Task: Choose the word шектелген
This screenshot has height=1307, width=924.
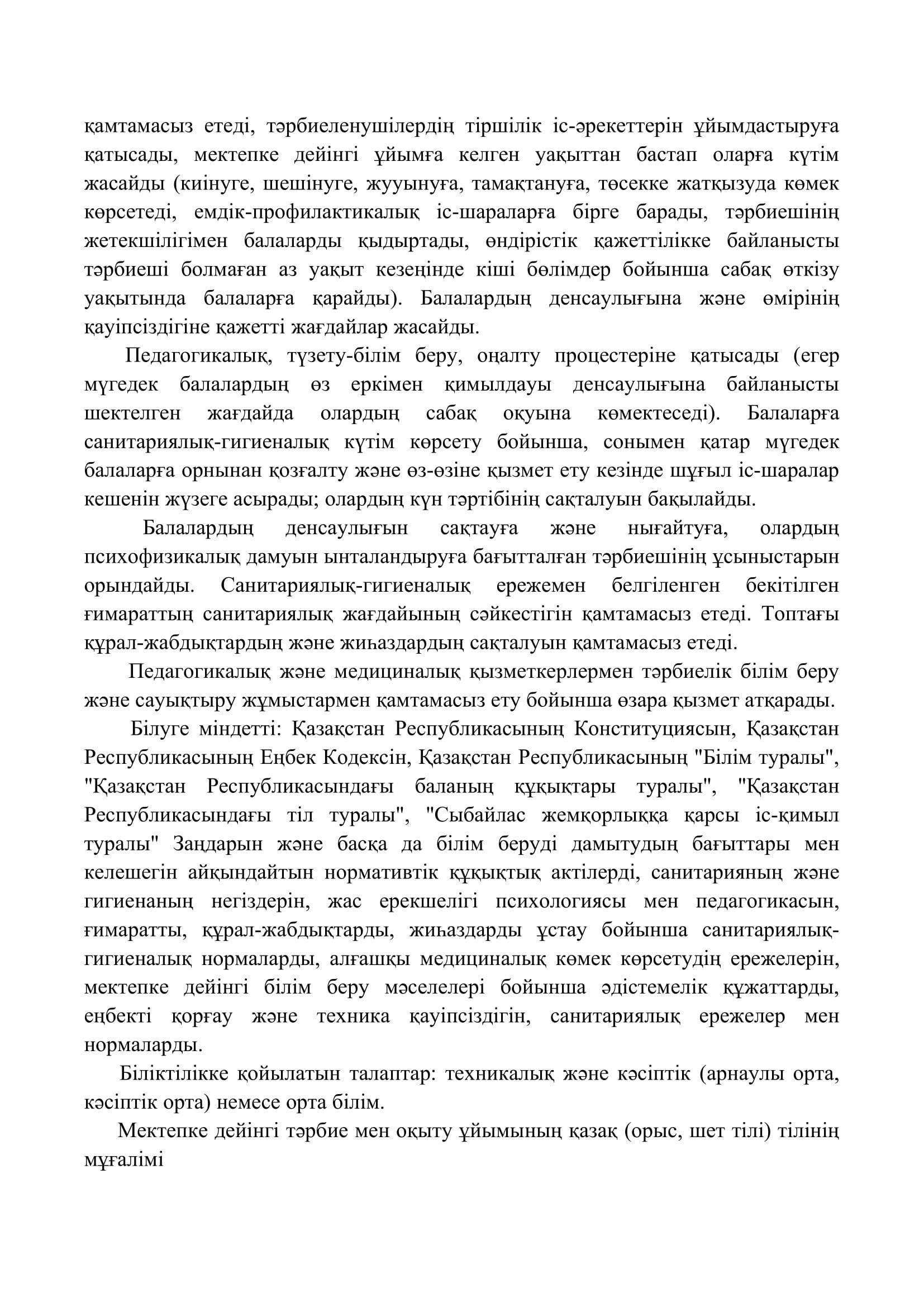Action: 131,414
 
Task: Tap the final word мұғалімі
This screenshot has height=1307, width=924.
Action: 123,1161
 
